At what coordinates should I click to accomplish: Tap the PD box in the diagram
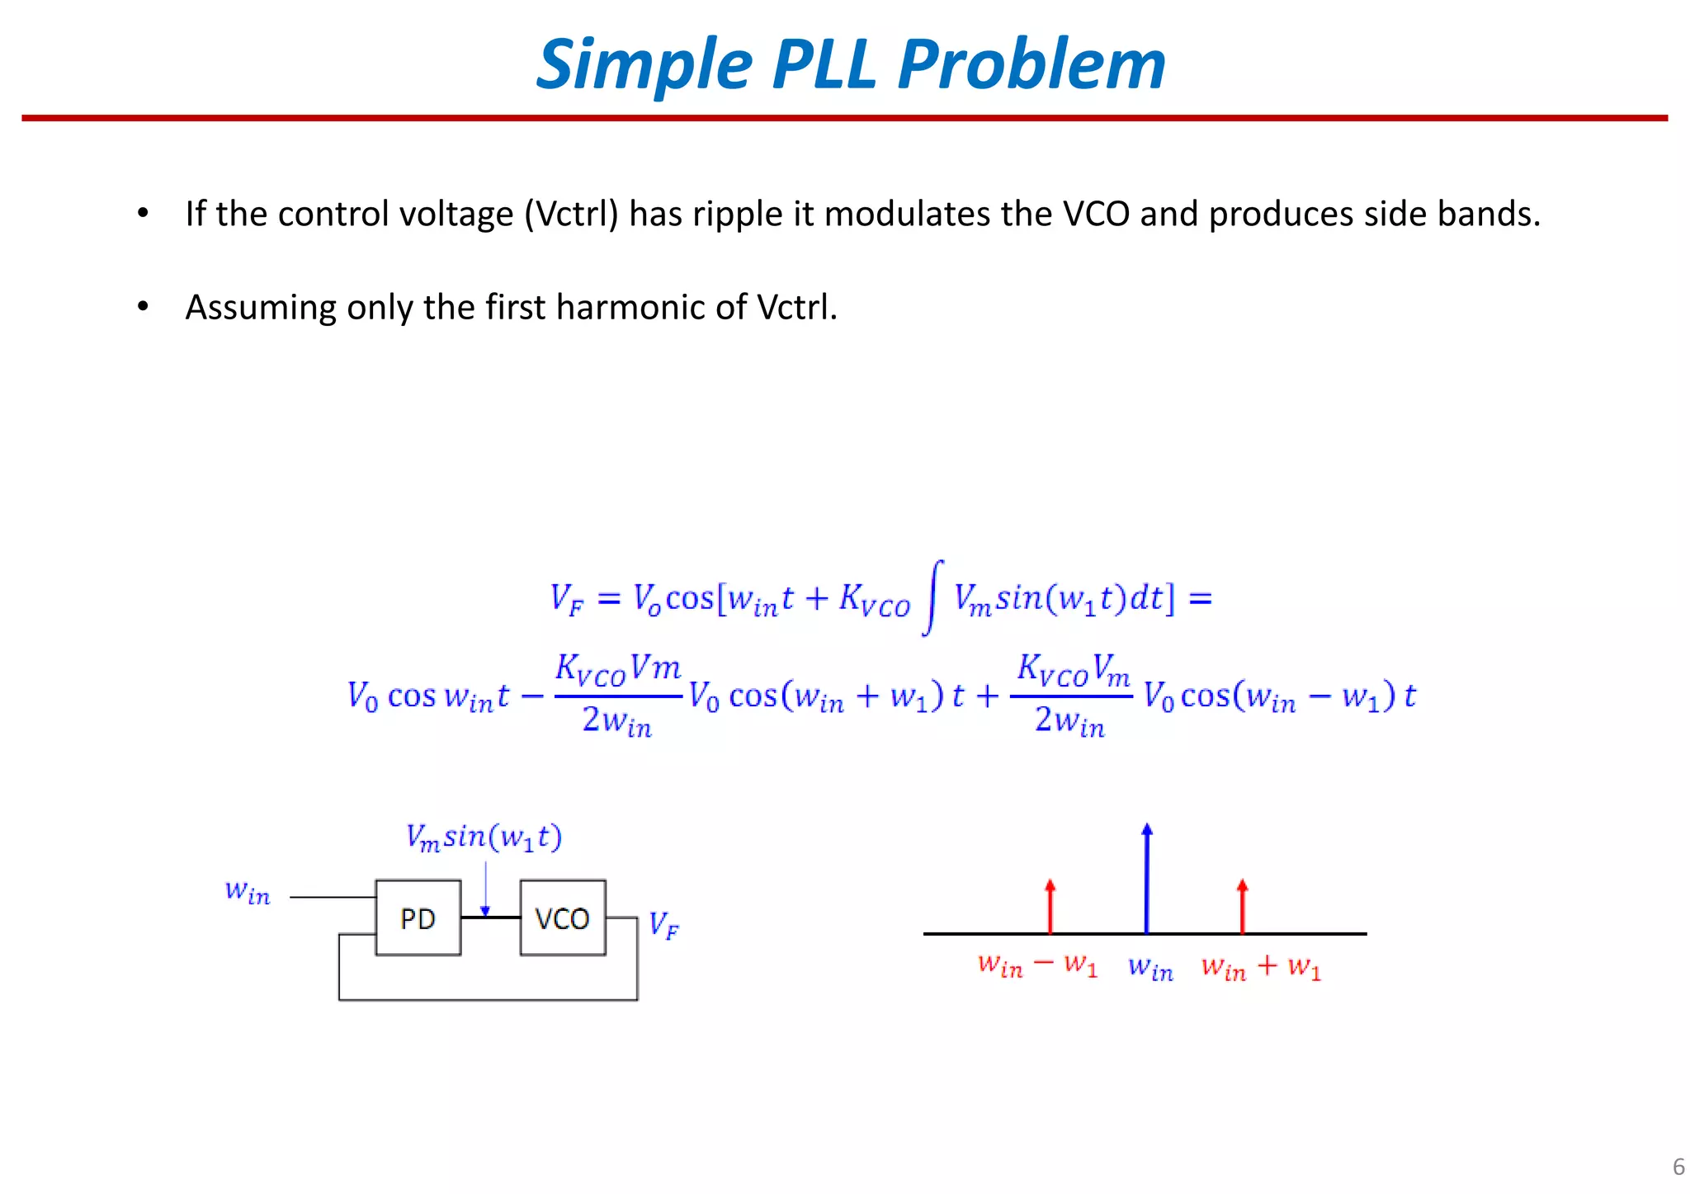[x=418, y=918]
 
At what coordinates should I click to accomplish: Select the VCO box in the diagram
[x=563, y=918]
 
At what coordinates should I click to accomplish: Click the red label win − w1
[x=1037, y=965]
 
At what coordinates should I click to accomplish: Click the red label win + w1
[x=1261, y=966]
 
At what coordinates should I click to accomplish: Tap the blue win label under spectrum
[x=1150, y=967]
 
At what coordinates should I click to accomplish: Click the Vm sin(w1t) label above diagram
[x=484, y=837]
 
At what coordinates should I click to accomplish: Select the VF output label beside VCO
[x=663, y=925]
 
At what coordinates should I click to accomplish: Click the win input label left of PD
[x=248, y=892]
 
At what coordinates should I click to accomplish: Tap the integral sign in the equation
[x=932, y=597]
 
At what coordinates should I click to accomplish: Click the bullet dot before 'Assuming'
[x=143, y=307]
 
